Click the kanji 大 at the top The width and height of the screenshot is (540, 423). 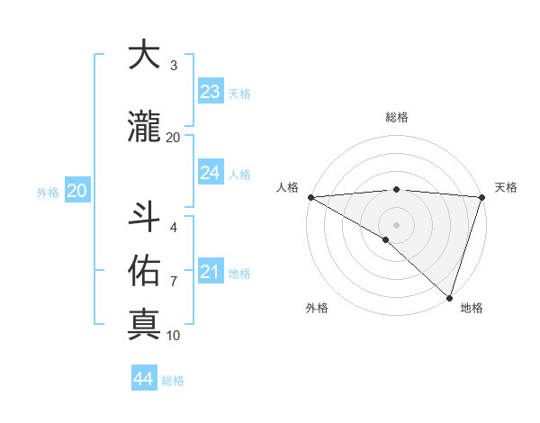click(x=145, y=56)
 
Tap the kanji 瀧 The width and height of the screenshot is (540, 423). click(x=145, y=128)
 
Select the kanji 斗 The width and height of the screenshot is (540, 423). click(x=145, y=217)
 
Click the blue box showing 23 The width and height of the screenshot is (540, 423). click(x=211, y=92)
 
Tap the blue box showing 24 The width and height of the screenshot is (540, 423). click(x=211, y=173)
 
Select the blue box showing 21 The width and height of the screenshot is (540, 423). click(x=211, y=272)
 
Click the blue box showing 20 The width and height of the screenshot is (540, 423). click(x=77, y=191)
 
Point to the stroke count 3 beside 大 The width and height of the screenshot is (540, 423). click(x=174, y=66)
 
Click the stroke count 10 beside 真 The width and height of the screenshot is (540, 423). click(x=174, y=336)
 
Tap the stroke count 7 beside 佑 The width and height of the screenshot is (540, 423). click(x=174, y=282)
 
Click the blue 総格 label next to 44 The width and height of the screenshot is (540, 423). click(x=173, y=381)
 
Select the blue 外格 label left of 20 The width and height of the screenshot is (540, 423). click(x=48, y=192)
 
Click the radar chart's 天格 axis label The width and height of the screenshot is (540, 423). click(x=507, y=187)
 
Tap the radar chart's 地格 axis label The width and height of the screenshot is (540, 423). click(x=472, y=309)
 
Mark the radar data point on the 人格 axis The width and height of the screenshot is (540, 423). click(x=310, y=197)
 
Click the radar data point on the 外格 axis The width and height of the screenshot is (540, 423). click(x=386, y=239)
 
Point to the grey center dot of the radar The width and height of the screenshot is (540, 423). click(x=396, y=224)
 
